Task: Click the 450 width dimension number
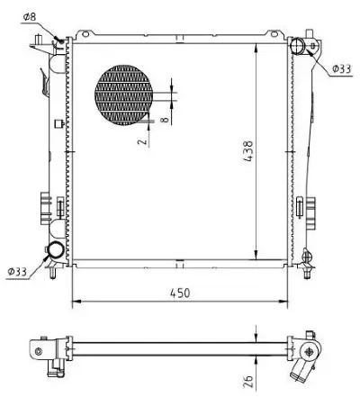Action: pos(183,292)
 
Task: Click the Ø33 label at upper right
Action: pos(341,68)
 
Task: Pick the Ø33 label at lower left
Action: pos(18,270)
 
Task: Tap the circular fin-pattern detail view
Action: pos(130,96)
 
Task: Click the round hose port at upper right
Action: pos(299,46)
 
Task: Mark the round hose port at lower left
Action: pos(56,250)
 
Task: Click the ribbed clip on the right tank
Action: pos(306,208)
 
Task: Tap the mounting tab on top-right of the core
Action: pos(311,41)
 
